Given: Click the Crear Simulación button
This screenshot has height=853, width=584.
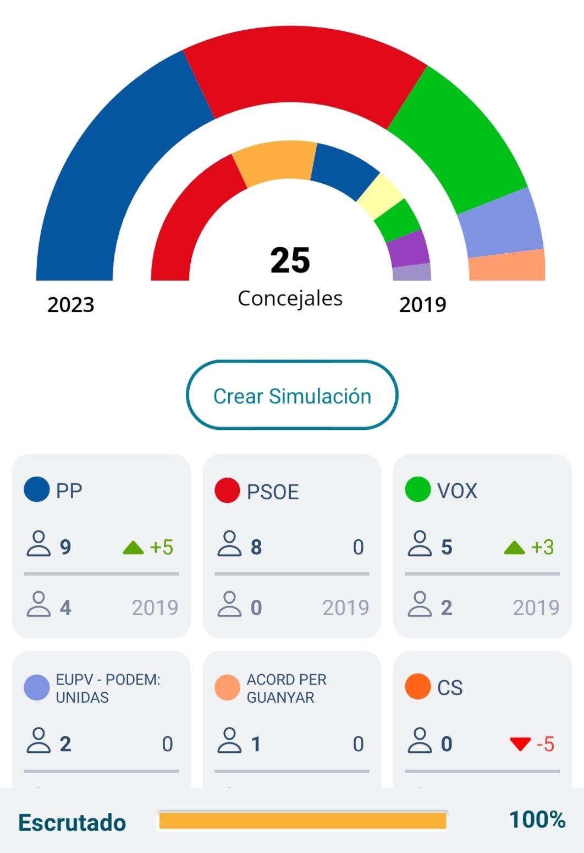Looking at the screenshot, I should pyautogui.click(x=292, y=396).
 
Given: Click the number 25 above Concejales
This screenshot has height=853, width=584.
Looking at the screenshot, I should pyautogui.click(x=290, y=260).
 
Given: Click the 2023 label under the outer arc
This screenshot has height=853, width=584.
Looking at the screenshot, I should pyautogui.click(x=71, y=305).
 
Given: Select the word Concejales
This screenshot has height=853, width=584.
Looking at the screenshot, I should pyautogui.click(x=290, y=298).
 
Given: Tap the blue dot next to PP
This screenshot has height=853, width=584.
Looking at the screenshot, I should pyautogui.click(x=37, y=489).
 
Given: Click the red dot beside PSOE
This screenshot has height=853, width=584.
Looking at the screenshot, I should pyautogui.click(x=227, y=490).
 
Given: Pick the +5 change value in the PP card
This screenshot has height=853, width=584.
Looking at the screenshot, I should pyautogui.click(x=161, y=548).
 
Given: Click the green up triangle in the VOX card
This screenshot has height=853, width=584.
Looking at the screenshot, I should pyautogui.click(x=515, y=548).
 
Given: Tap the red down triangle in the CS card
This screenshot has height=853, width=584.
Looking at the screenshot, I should pyautogui.click(x=520, y=744).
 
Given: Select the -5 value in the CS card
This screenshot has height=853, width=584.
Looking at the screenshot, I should pyautogui.click(x=546, y=744).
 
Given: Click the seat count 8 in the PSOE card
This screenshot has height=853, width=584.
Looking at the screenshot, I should pyautogui.click(x=256, y=548).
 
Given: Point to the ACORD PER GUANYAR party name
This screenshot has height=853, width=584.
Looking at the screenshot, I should pyautogui.click(x=287, y=688).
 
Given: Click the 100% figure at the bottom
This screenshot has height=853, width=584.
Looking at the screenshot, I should pyautogui.click(x=537, y=820).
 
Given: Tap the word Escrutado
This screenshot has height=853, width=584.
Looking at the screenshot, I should pyautogui.click(x=72, y=823).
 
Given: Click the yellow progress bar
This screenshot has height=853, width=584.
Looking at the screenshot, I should pyautogui.click(x=302, y=821).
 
